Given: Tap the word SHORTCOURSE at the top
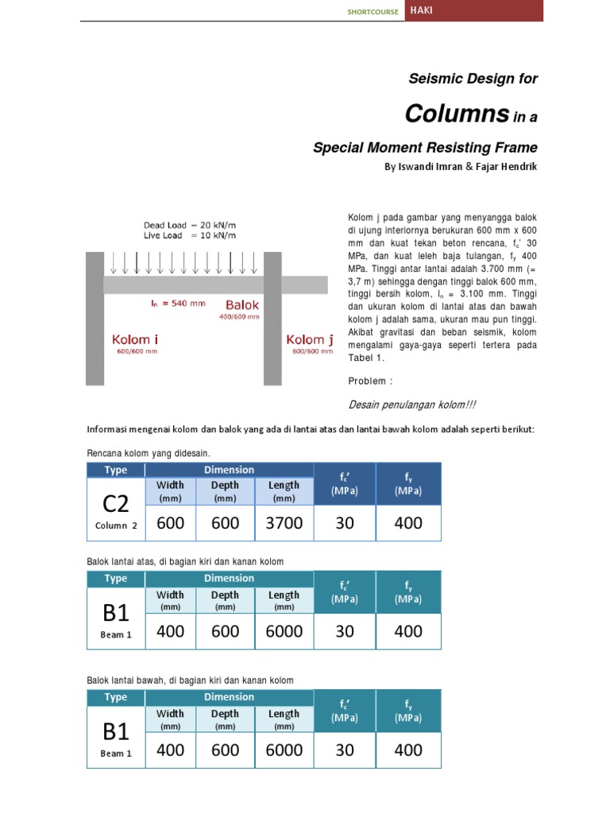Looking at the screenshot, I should coord(373,12).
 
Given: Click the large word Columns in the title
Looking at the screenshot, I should coord(456,114).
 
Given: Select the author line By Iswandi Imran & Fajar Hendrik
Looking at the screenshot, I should coord(461,167).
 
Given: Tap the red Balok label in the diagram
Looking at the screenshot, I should coord(242,304).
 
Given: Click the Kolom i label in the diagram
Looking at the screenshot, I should coord(135,340).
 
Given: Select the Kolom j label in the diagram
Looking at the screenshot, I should coord(310,340).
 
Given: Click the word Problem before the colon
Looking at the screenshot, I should coord(367,381).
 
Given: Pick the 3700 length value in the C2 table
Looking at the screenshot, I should coord(284,523).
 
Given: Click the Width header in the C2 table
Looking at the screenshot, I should coord(170,486).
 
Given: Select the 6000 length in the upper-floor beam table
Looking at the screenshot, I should coord(284,631).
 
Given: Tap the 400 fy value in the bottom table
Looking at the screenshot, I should coord(408,750).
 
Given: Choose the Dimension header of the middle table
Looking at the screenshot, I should coord(229,578).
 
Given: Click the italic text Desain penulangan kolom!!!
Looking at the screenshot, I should coord(412,405).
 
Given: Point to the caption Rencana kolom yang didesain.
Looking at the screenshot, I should coord(147,453).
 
